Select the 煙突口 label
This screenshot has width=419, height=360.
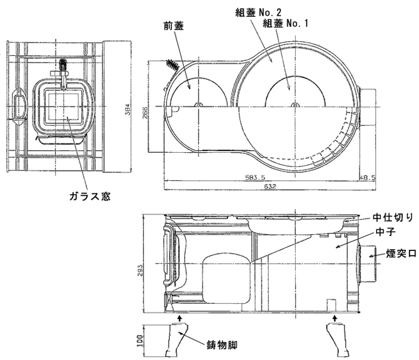393,255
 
